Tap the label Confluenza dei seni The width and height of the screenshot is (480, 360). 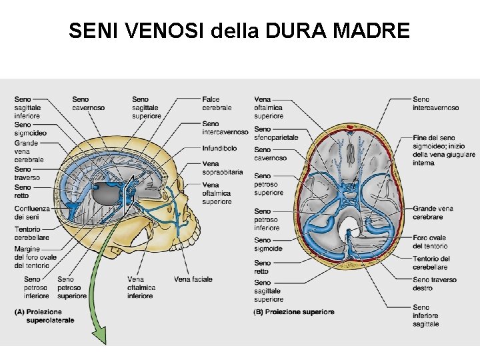(x=31, y=213)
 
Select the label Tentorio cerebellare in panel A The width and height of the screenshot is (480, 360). (x=31, y=233)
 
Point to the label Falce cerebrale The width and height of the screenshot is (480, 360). (x=217, y=103)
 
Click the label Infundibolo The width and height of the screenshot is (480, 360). (x=219, y=148)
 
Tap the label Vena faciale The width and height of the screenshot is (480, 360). (x=193, y=279)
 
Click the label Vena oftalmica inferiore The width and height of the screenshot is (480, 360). (x=141, y=287)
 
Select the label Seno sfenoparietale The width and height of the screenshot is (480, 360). (x=276, y=133)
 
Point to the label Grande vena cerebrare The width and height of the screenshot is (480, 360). (x=433, y=213)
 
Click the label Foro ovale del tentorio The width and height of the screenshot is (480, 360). (x=429, y=242)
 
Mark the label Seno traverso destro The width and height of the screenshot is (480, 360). (x=435, y=284)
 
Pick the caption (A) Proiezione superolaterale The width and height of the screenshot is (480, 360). (x=45, y=316)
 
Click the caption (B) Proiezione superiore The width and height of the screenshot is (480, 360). (x=294, y=312)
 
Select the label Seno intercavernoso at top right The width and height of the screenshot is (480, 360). (x=435, y=103)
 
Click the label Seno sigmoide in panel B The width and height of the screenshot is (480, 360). (x=268, y=245)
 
